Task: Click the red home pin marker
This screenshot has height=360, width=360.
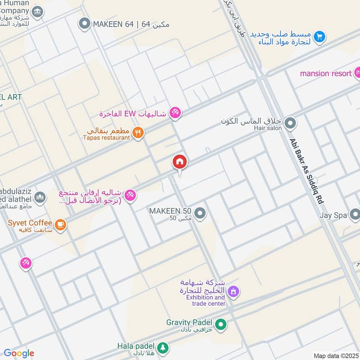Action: pos(180,162)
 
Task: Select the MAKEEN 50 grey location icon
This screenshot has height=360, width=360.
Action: pos(200,213)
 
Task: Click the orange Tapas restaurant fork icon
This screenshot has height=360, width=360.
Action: pos(139,133)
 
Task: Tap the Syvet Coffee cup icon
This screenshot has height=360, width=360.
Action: pos(60,224)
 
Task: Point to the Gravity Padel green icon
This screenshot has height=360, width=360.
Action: pos(220,324)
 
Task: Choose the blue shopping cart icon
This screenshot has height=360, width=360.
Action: pos(319,36)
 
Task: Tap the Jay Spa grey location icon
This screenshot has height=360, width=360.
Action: pos(355,216)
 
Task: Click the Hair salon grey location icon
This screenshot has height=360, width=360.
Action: pos(290,122)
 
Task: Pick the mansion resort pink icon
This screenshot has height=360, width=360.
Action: pos(357,72)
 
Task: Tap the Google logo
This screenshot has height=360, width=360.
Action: pos(19,353)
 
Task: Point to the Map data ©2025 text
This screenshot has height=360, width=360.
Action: pos(335,355)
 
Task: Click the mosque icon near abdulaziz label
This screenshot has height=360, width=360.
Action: pos(40,197)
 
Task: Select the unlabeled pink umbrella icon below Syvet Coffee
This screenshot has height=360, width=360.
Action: pos(26,264)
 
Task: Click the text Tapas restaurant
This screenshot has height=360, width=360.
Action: pos(107,138)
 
